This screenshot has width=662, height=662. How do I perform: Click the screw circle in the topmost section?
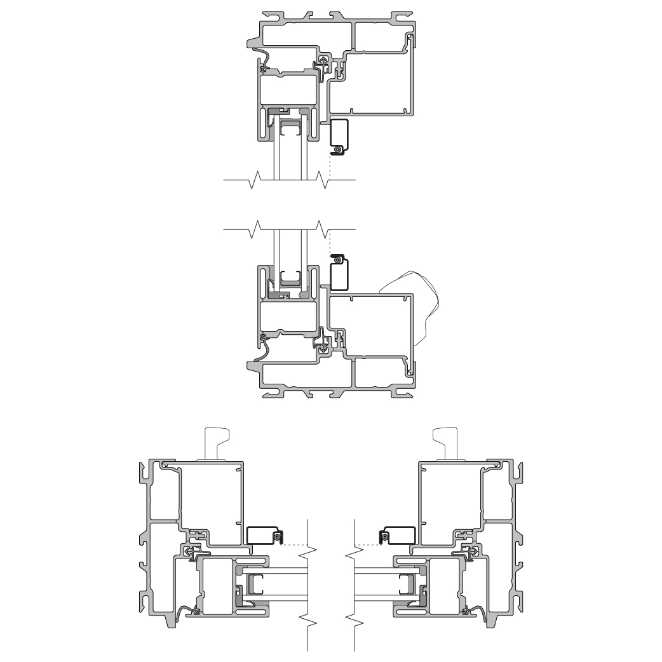point(339,149)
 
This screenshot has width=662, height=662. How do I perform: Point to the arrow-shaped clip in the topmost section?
point(323,64)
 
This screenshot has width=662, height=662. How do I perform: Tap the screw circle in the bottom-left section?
point(278,537)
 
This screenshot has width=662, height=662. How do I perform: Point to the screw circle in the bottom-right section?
point(384,537)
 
